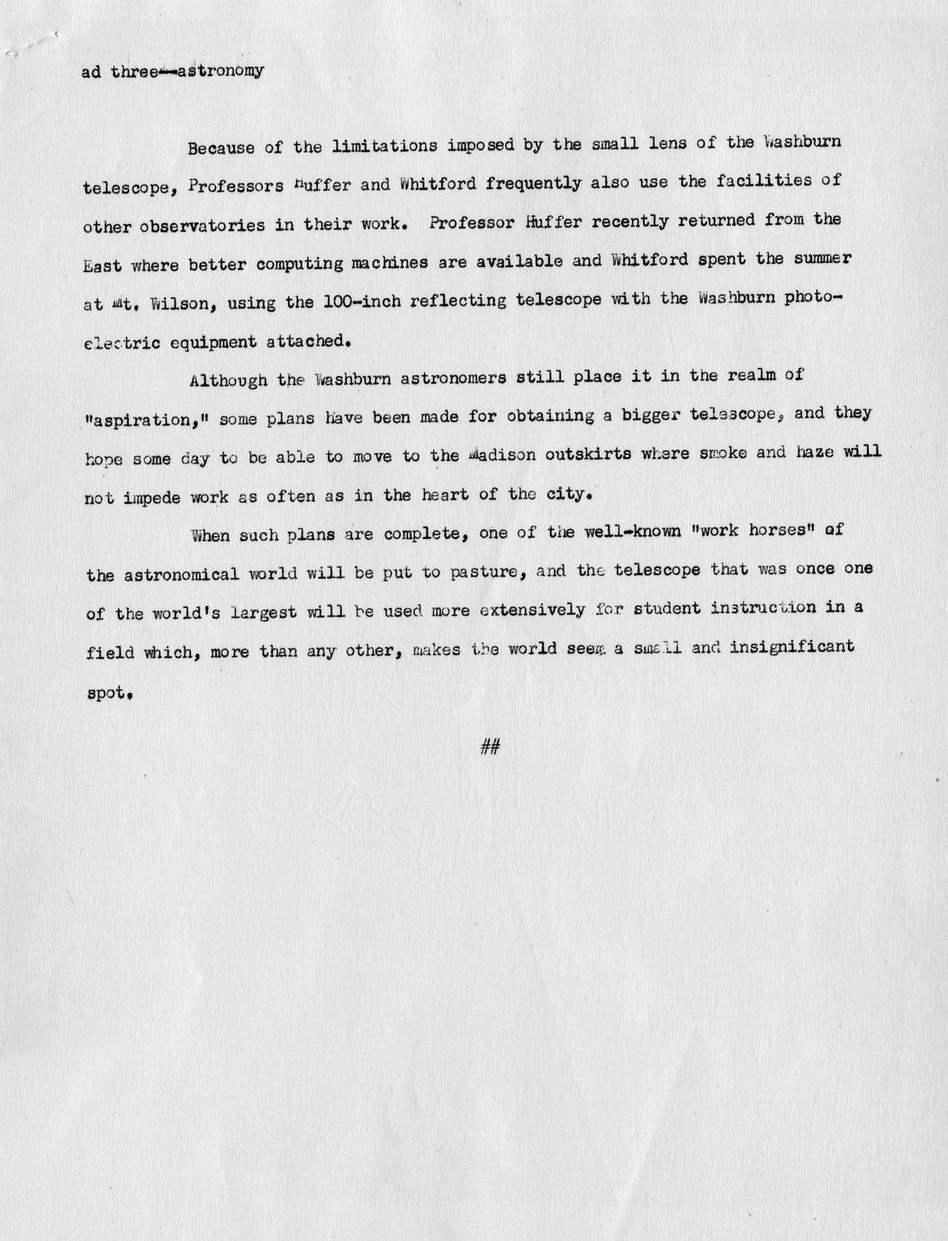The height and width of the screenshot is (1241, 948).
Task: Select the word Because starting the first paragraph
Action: tap(221, 147)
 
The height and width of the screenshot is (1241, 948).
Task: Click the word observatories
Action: tap(202, 226)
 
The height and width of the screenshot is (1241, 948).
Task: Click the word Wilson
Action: tap(184, 304)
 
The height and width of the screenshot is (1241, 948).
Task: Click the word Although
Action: tap(229, 380)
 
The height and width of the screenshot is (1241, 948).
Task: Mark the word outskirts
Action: tap(585, 454)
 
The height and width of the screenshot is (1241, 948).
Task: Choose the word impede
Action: tap(154, 497)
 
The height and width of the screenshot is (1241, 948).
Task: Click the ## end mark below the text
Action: tap(491, 745)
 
